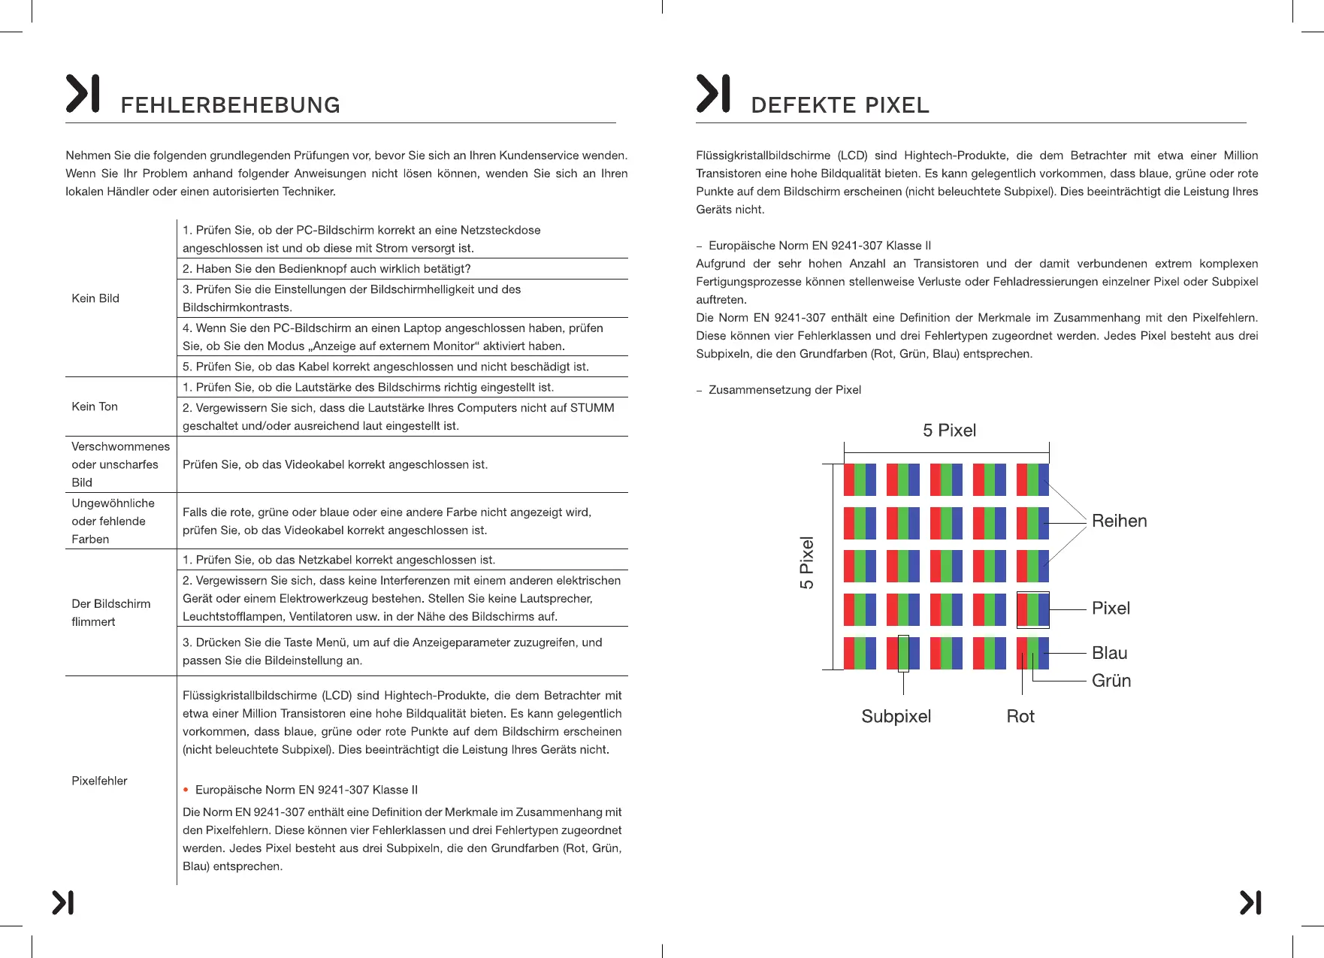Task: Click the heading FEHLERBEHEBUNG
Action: (230, 105)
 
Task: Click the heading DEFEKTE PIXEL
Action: (839, 105)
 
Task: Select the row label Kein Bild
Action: (95, 298)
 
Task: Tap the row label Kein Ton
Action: (95, 406)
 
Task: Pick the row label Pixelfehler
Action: (99, 781)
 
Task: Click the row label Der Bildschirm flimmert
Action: (110, 612)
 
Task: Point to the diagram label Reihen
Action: (1119, 521)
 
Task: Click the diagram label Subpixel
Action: (896, 716)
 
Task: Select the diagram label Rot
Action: (1020, 716)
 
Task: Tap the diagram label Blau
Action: (1109, 653)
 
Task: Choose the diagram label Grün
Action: (1111, 681)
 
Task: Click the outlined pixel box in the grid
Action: (1032, 609)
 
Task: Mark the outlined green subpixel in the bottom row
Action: (903, 653)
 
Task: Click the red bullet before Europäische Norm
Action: (186, 790)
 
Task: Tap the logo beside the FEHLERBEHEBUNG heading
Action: (83, 94)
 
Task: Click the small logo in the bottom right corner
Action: (1250, 902)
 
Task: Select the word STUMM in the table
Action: (592, 408)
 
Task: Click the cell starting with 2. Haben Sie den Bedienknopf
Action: (326, 269)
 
